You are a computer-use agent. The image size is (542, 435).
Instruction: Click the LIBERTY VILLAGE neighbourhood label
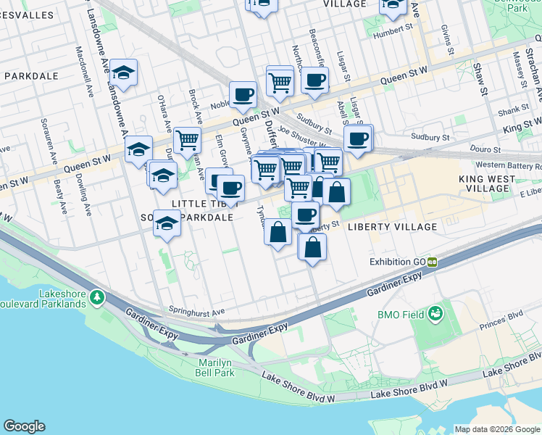coord(392,227)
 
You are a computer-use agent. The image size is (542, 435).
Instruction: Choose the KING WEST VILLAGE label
coord(484,183)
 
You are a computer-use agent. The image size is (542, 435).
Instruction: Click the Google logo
coord(24,426)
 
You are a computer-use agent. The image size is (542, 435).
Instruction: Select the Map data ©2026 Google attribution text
coord(496,429)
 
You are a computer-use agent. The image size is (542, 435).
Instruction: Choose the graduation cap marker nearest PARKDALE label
coord(124,72)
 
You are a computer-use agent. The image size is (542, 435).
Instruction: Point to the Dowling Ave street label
coord(86,199)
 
